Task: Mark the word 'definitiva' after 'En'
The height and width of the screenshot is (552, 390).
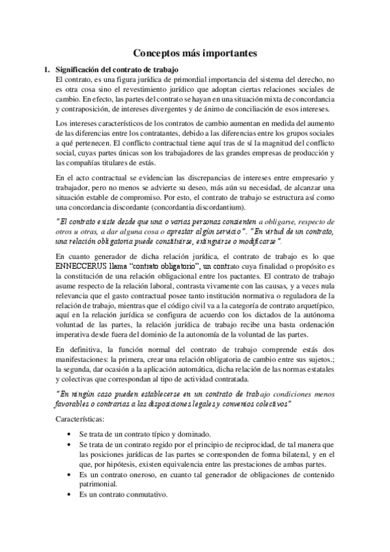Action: (x=87, y=350)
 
